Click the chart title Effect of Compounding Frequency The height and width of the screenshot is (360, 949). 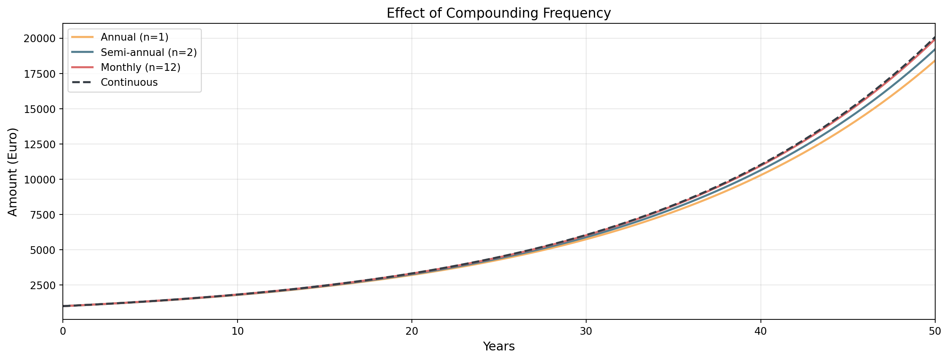pyautogui.click(x=498, y=13)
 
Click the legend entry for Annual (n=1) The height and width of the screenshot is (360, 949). pyautogui.click(x=134, y=37)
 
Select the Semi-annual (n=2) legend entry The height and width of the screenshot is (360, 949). pyautogui.click(x=149, y=52)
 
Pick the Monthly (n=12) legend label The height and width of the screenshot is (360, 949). pyautogui.click(x=141, y=67)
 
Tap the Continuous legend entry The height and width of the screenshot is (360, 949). pyautogui.click(x=129, y=82)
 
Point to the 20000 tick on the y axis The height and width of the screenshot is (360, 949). pyautogui.click(x=39, y=39)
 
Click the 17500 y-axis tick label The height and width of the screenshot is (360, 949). pyautogui.click(x=39, y=74)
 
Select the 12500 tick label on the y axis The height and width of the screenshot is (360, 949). pyautogui.click(x=39, y=144)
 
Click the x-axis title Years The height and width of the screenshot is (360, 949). pyautogui.click(x=498, y=347)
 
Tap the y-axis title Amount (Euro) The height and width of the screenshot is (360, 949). pyautogui.click(x=13, y=172)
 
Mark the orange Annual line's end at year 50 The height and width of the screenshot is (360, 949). pyautogui.click(x=934, y=61)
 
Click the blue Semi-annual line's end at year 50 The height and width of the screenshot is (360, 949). pyautogui.click(x=934, y=50)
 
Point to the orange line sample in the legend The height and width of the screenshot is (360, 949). pyautogui.click(x=82, y=37)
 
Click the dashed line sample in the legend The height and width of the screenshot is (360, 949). pyautogui.click(x=82, y=82)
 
